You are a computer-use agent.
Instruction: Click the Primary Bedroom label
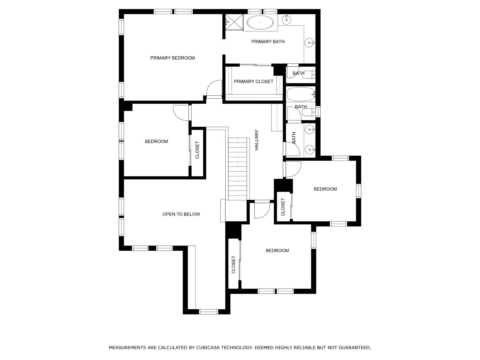[x=172, y=58]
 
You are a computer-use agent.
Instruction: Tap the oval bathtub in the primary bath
[x=260, y=22]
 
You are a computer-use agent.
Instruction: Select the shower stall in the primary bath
[x=234, y=22]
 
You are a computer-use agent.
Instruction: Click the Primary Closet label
[x=253, y=82]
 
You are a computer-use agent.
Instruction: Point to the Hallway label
[x=257, y=140]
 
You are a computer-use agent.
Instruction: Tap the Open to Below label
[x=181, y=214]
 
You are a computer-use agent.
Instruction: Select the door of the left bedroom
[x=181, y=113]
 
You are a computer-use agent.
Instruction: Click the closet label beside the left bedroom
[x=197, y=150]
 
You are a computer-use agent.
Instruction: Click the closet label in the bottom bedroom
[x=233, y=265]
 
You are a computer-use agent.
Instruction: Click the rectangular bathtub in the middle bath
[x=301, y=94]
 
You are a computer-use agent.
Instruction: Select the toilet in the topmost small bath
[x=309, y=75]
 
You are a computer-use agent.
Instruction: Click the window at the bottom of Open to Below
[x=208, y=312]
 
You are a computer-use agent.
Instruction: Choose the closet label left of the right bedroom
[x=283, y=207]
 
